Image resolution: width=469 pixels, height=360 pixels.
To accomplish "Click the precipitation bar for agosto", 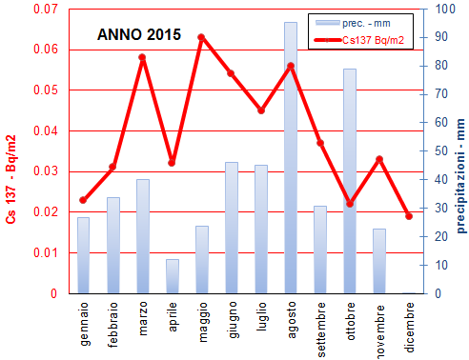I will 290,162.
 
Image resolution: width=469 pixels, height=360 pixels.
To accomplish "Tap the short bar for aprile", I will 172,276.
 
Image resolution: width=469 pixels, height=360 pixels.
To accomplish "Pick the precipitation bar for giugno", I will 231,229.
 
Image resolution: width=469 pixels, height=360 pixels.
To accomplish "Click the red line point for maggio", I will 201,37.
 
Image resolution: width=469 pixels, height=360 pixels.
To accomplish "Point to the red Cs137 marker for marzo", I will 142,57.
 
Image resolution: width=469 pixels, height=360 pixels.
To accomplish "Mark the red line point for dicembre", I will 409,216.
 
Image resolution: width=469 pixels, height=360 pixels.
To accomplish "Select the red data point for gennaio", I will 83,200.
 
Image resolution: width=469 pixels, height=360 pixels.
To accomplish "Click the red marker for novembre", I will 379,159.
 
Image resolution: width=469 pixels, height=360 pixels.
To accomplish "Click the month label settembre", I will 321,327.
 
